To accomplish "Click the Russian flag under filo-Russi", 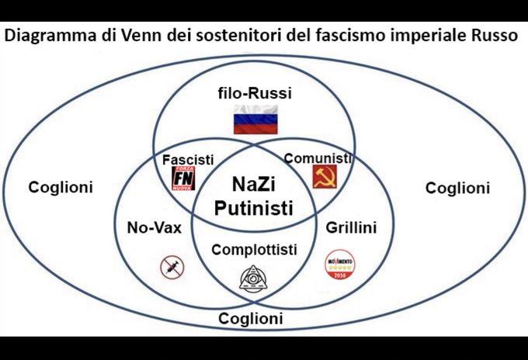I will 255,121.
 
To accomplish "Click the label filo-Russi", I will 254,94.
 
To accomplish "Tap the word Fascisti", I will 188,159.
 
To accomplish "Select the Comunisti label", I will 318,158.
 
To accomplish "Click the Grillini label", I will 351,228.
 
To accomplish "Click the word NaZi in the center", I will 253,185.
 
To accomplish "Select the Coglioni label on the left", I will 60,187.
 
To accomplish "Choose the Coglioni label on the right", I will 458,187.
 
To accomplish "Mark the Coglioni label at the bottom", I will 250,319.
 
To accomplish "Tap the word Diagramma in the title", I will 44,36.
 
